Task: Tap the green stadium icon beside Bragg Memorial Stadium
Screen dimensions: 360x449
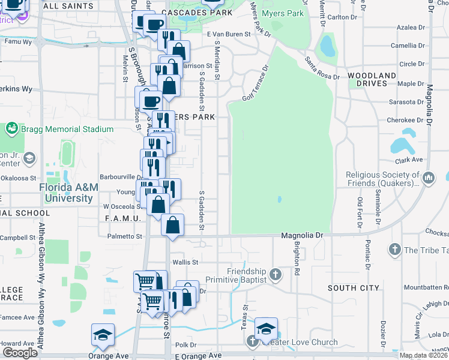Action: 11,129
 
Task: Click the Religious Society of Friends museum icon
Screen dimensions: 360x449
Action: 429,178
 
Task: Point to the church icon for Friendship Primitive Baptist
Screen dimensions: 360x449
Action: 276,275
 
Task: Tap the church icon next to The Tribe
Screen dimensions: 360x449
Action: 395,250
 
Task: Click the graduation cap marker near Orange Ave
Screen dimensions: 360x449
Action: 103,334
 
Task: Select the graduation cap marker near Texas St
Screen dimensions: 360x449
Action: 266,328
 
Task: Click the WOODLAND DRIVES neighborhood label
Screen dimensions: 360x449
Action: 372,80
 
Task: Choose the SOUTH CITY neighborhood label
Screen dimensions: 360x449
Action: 354,288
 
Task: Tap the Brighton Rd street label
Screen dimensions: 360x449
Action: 296,259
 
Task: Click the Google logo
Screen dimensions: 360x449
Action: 20,353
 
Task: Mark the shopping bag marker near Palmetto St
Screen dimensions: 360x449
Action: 172,226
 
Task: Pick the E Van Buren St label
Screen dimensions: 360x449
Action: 229,35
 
